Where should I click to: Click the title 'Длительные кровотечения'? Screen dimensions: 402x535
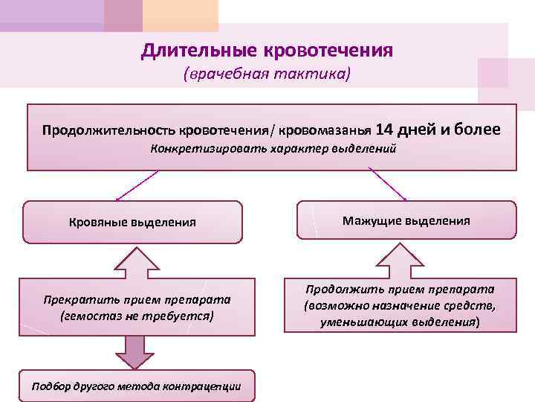pos(267,51)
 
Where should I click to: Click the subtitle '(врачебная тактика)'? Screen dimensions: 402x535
pos(267,75)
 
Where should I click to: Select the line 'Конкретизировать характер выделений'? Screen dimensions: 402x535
pos(273,148)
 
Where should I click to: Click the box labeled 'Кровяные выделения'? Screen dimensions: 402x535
pos(132,221)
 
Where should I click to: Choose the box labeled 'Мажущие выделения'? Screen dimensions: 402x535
pos(406,220)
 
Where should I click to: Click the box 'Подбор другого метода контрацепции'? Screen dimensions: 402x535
pos(136,385)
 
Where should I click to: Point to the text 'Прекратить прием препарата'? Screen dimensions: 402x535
pos(136,299)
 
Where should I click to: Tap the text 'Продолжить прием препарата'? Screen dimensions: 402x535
pos(401,289)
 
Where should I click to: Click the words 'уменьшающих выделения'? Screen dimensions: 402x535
pos(401,322)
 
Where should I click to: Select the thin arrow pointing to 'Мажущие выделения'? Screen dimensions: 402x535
pos(387,184)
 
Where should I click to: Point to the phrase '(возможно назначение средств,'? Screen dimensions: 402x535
pos(401,305)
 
